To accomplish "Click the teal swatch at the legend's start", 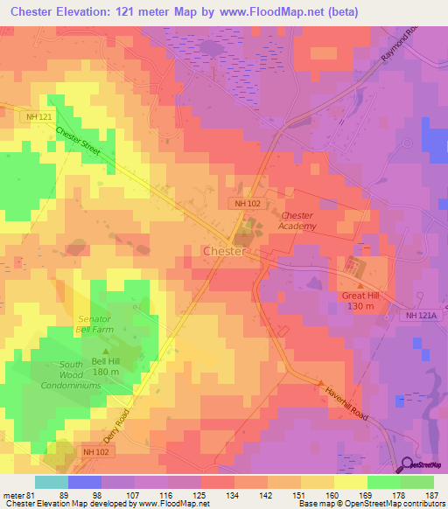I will (51, 482).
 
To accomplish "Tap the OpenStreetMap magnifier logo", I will (408, 466).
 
